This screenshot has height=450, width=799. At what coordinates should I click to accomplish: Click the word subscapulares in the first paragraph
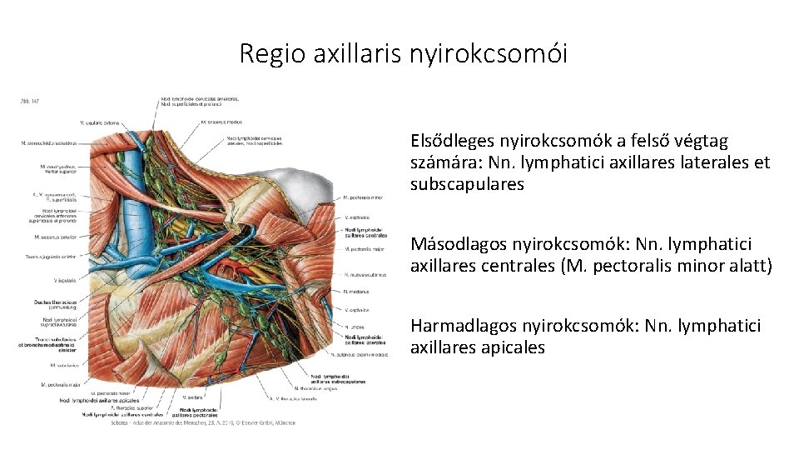coord(467,184)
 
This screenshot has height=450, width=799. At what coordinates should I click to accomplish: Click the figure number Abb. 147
coord(29,102)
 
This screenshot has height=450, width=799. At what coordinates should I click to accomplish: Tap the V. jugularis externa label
coord(98,124)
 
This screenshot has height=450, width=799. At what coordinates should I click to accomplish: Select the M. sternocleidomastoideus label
coord(49,142)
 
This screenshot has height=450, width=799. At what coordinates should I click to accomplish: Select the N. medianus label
coord(356,291)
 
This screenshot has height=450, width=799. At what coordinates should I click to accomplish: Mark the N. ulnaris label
coord(353,327)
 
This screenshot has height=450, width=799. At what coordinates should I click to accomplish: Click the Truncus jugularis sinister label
coord(51,257)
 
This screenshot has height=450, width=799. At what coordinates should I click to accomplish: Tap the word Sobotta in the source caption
coord(122,423)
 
